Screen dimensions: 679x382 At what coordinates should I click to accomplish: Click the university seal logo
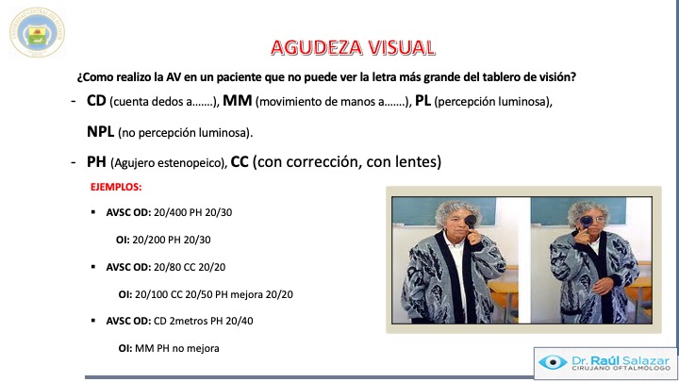[x=37, y=32]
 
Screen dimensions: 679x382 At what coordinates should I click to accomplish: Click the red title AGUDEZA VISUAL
[x=353, y=48]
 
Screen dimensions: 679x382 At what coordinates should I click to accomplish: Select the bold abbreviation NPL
[x=101, y=132]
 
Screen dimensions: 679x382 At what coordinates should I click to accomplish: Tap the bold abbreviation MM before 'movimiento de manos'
[x=238, y=101]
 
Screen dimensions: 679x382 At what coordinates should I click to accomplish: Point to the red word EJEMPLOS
[x=116, y=187]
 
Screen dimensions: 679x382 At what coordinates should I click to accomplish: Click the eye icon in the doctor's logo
[x=553, y=362]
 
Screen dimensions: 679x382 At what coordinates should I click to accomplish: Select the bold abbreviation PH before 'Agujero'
[x=96, y=162]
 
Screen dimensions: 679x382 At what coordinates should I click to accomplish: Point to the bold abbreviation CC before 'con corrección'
[x=240, y=162]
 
